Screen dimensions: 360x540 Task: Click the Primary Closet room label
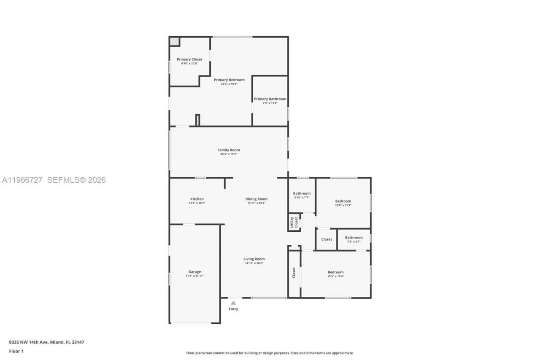click(x=189, y=60)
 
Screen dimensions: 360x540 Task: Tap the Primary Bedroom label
click(x=229, y=80)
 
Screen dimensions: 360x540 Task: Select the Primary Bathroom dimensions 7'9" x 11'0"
click(x=270, y=103)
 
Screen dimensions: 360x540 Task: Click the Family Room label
click(x=229, y=150)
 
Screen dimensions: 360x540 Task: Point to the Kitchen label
click(x=197, y=199)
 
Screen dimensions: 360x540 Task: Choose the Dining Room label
click(x=256, y=199)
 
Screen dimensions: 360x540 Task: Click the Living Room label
click(x=254, y=259)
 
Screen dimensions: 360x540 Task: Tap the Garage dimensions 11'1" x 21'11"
click(x=194, y=276)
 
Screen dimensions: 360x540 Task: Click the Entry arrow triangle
click(x=233, y=303)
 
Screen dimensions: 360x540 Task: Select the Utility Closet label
click(x=294, y=222)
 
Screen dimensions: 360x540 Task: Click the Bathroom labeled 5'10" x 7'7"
click(x=302, y=193)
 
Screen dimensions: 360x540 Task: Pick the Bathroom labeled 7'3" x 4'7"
click(x=354, y=238)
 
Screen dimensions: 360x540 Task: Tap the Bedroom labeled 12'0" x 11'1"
click(x=343, y=201)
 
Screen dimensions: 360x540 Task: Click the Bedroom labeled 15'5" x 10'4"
click(x=335, y=272)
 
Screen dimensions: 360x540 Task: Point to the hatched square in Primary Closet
click(x=174, y=42)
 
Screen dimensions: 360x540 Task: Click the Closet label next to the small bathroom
click(x=327, y=239)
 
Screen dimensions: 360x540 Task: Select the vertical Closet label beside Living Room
click(x=294, y=273)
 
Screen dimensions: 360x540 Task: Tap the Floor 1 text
click(x=16, y=351)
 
